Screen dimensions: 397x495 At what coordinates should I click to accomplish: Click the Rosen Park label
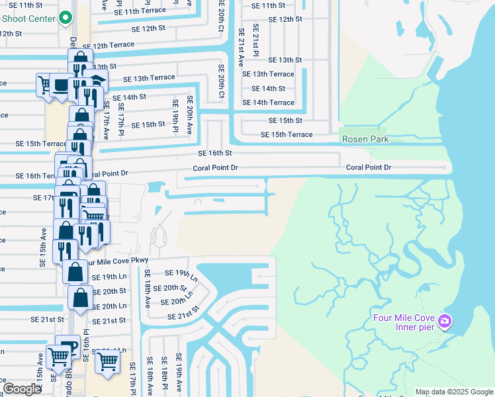click(365, 139)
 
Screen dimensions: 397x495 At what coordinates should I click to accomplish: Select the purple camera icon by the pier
click(445, 322)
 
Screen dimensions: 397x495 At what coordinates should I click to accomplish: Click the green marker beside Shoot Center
click(66, 18)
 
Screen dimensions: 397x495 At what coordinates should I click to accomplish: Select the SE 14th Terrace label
click(268, 103)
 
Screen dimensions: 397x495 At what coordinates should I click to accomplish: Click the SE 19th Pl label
click(175, 115)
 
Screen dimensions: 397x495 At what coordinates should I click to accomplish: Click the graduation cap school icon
click(98, 81)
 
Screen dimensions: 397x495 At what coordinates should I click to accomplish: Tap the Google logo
click(22, 389)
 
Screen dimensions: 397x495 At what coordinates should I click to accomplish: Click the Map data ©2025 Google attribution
click(453, 392)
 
